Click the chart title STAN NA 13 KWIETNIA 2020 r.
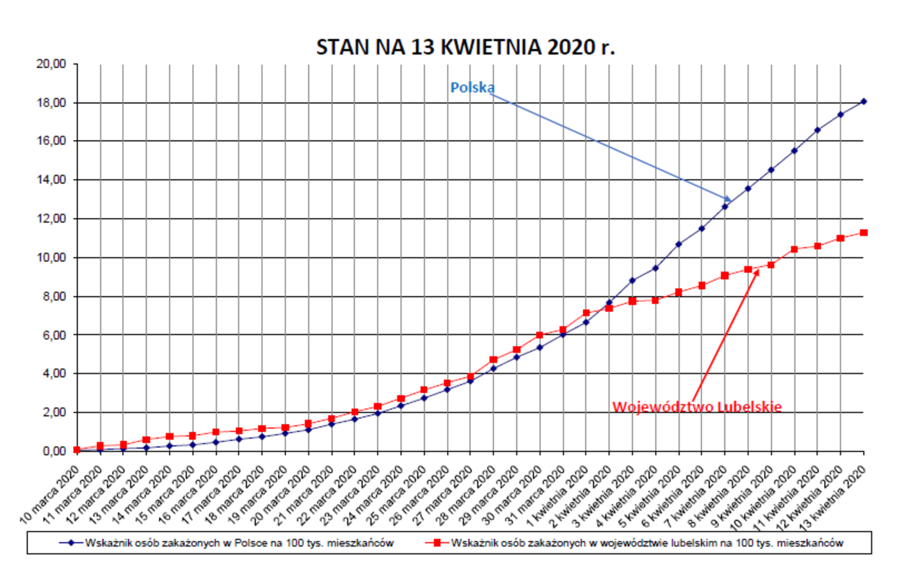(x=466, y=47)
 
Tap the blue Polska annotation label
(x=472, y=87)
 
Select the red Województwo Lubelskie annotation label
(x=696, y=407)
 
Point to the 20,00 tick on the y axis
(x=51, y=64)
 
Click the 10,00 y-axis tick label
(x=51, y=258)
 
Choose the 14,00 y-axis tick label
(x=51, y=180)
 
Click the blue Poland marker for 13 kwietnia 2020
(x=864, y=101)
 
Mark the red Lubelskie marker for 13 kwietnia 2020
(x=864, y=233)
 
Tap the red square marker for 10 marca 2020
(x=77, y=450)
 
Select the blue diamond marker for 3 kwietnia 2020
(x=632, y=280)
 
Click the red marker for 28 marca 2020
(x=493, y=360)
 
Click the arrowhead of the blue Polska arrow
(x=729, y=199)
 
